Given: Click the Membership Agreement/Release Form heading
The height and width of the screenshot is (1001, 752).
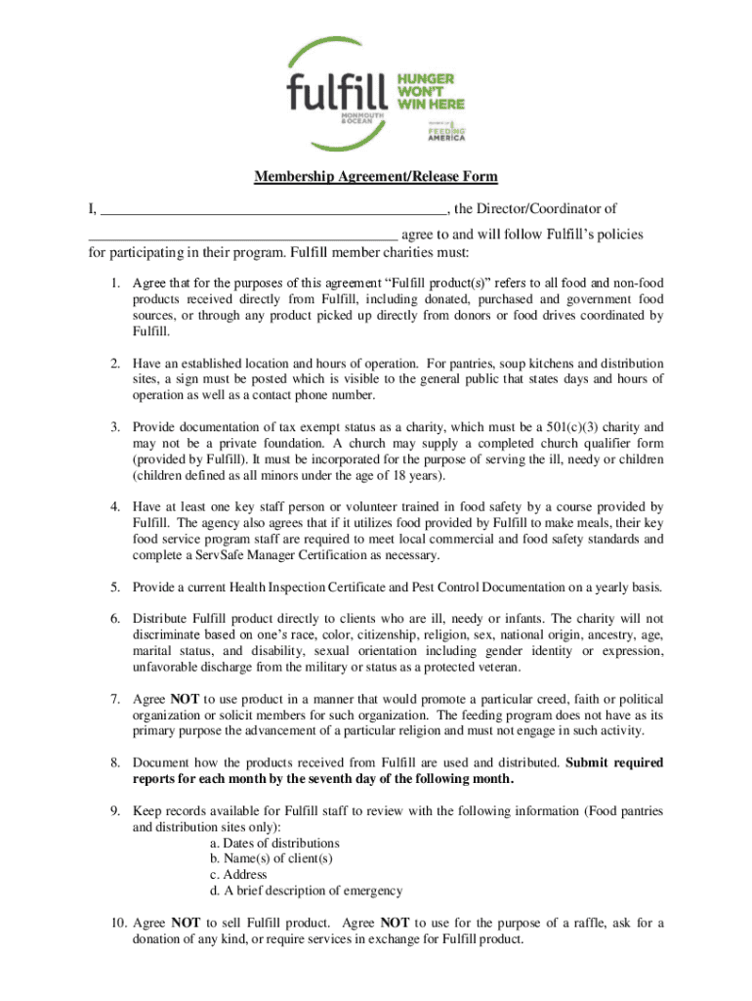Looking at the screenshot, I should pyautogui.click(x=376, y=177).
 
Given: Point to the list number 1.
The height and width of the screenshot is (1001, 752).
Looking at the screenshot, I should pyautogui.click(x=114, y=283).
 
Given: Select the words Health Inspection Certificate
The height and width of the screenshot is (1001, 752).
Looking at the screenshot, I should pyautogui.click(x=310, y=588).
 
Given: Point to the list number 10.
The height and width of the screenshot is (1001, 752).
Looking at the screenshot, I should pyautogui.click(x=116, y=923).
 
